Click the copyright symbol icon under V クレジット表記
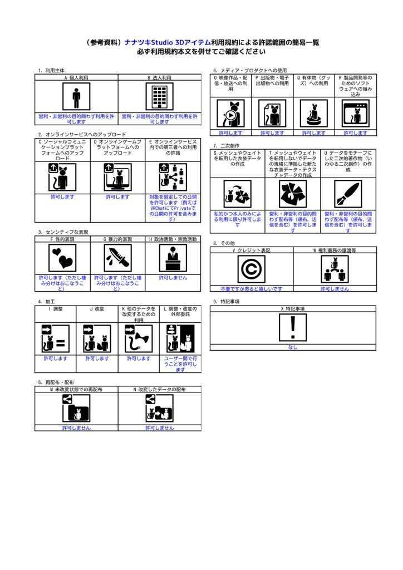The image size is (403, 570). [252, 269]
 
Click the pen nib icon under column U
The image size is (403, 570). [348, 194]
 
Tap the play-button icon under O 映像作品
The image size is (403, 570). [230, 114]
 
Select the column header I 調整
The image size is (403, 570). [55, 308]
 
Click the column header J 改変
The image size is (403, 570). [97, 308]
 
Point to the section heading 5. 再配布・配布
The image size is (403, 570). [56, 382]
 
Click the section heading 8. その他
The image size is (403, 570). [224, 243]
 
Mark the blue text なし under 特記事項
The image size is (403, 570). [293, 347]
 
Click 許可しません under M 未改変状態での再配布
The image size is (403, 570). [76, 428]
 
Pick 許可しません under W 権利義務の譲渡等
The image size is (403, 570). [335, 289]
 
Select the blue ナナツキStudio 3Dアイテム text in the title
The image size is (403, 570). [167, 42]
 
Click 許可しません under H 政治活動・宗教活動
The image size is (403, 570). [173, 277]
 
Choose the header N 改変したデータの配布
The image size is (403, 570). [160, 390]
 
